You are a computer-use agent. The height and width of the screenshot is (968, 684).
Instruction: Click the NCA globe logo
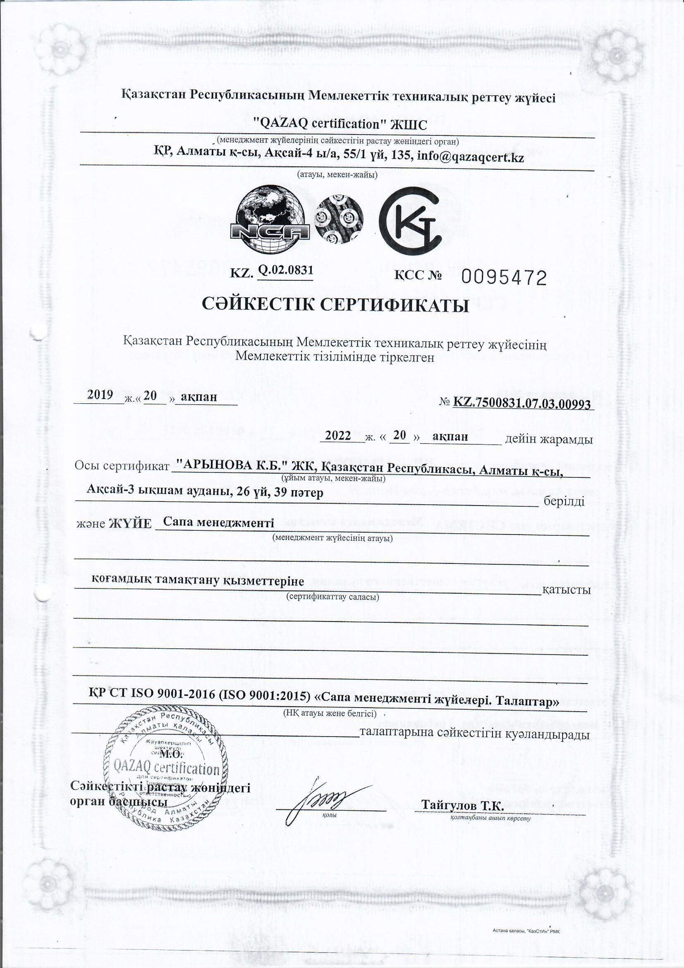click(x=270, y=220)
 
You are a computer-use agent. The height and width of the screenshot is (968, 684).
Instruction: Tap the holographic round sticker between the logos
click(x=340, y=220)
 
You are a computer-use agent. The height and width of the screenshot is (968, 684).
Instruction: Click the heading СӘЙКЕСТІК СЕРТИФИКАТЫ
click(x=336, y=305)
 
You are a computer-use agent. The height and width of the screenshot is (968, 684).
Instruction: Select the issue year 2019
click(x=100, y=395)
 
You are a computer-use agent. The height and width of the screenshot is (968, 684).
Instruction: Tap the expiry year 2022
click(x=338, y=436)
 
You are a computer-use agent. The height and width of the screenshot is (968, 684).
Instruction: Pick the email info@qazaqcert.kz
click(x=470, y=158)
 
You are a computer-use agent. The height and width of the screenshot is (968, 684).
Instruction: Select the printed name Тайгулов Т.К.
click(x=462, y=510)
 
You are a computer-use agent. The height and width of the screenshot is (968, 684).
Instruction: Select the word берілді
click(x=564, y=502)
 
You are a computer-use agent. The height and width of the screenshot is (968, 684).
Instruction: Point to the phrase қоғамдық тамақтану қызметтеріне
click(x=198, y=580)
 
